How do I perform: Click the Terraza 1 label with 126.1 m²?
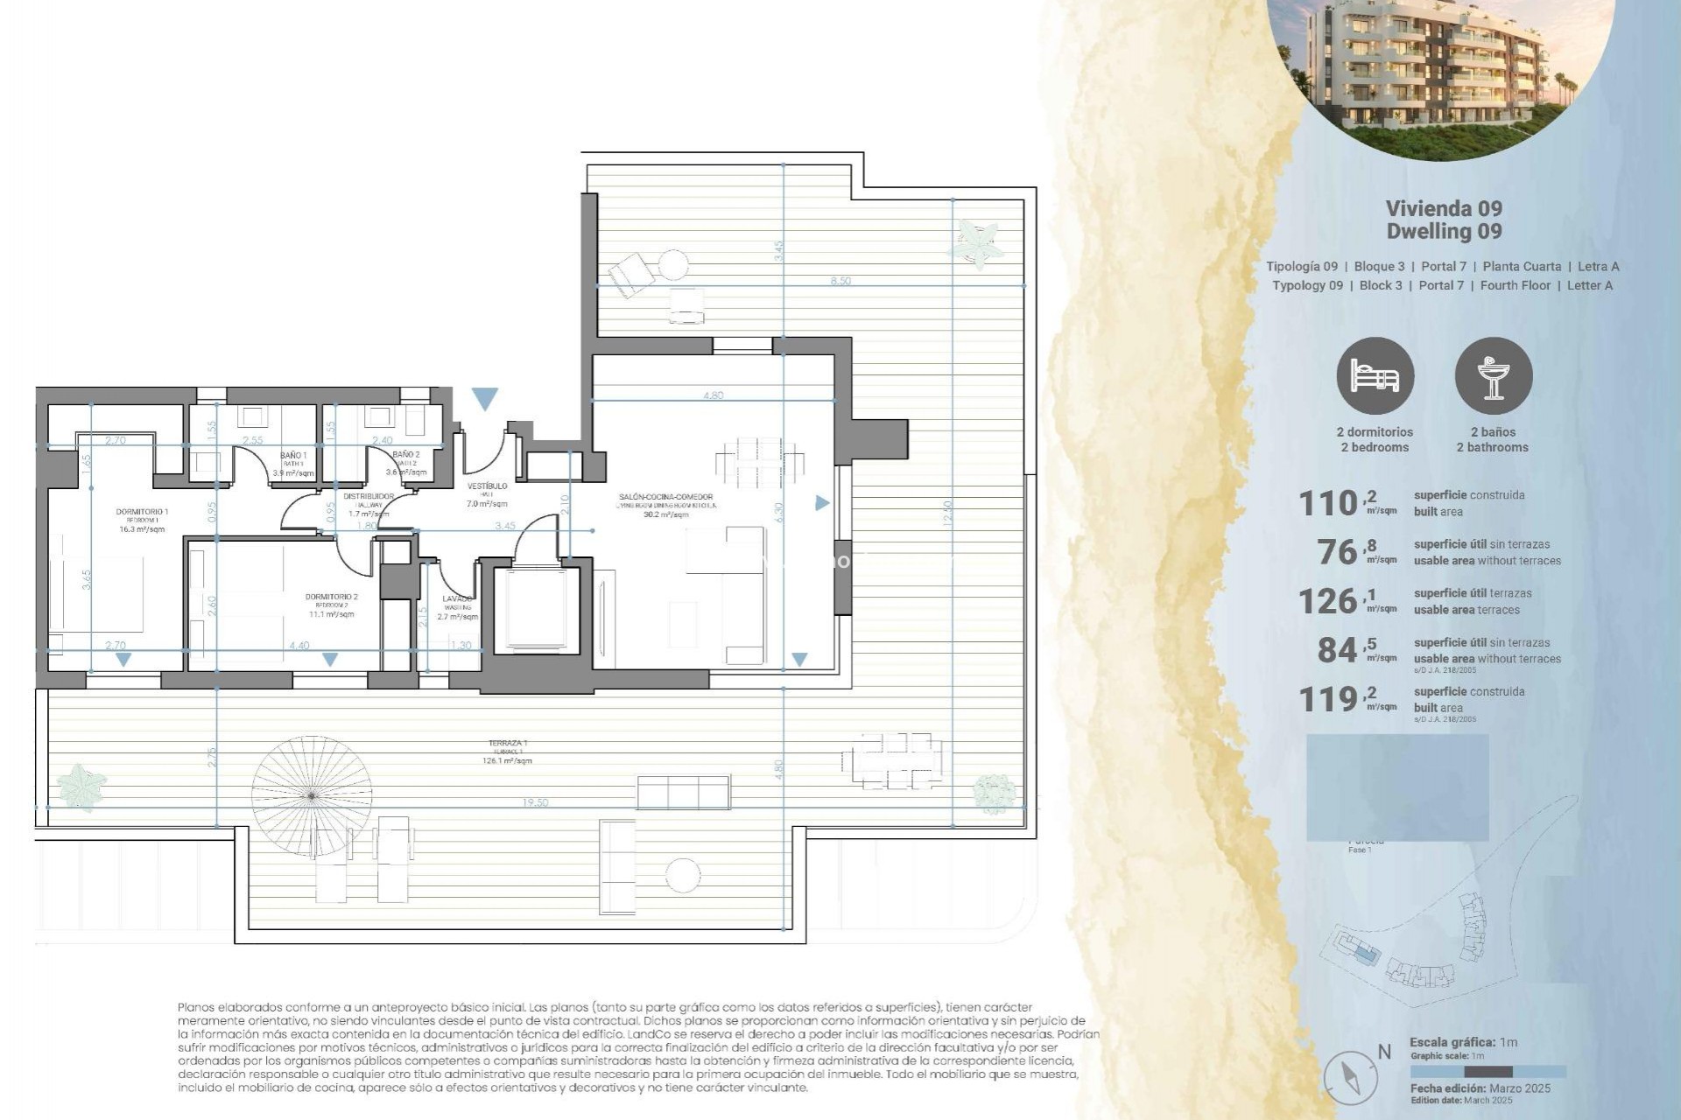pyautogui.click(x=508, y=752)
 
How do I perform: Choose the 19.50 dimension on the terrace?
pyautogui.click(x=535, y=802)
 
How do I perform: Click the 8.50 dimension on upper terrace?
pyautogui.click(x=840, y=281)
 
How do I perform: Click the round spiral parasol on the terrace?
pyautogui.click(x=312, y=795)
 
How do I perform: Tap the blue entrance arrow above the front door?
pyautogui.click(x=484, y=399)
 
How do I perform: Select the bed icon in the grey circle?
pyautogui.click(x=1375, y=376)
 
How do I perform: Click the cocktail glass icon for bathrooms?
pyautogui.click(x=1493, y=376)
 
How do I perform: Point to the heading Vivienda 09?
pyautogui.click(x=1444, y=208)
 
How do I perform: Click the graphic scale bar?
pyautogui.click(x=1488, y=1072)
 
